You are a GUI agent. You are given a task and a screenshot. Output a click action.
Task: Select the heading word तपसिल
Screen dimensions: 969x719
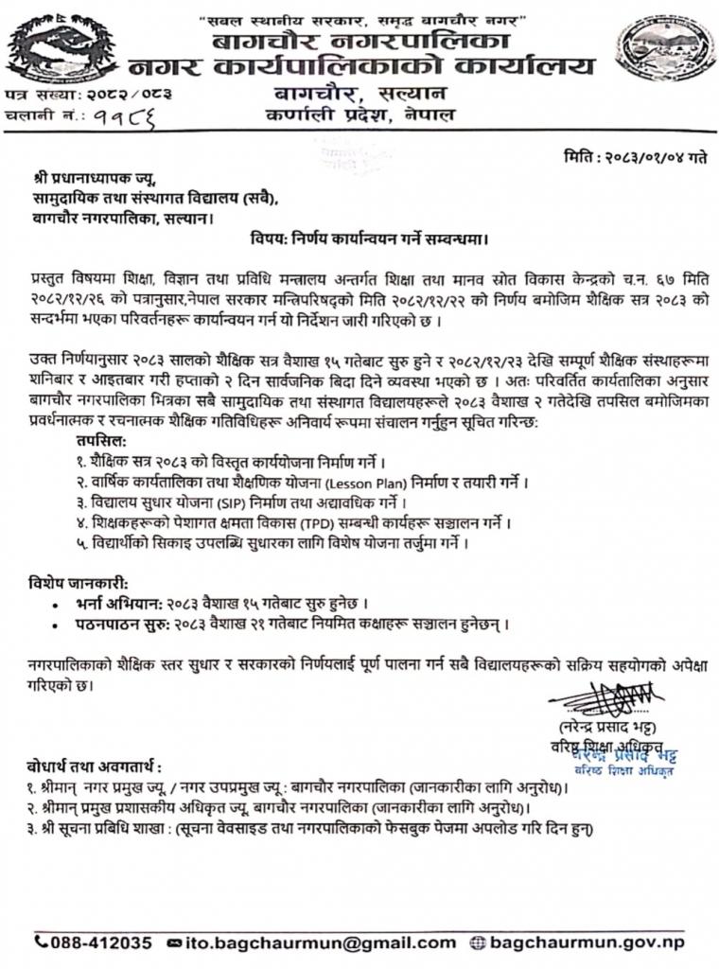(101, 441)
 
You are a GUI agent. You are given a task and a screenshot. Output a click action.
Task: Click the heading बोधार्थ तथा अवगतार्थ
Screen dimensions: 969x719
(94, 766)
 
